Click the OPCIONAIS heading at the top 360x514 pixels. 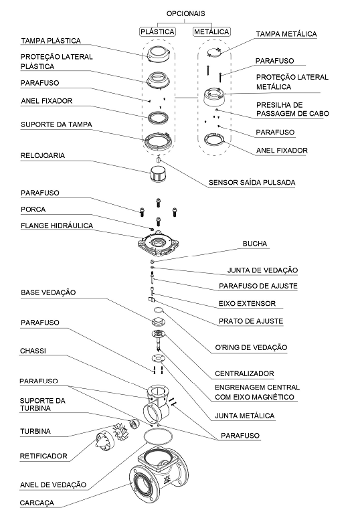185,14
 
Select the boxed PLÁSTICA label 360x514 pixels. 157,32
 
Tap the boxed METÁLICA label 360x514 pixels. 211,32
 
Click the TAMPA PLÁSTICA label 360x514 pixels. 51,41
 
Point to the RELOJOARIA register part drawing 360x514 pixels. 159,173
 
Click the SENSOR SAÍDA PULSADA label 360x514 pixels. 252,183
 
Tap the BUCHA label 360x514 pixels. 255,244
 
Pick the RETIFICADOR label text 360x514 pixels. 43,456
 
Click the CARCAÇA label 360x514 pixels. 37,503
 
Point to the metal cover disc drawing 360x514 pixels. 214,52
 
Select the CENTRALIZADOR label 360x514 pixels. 244,373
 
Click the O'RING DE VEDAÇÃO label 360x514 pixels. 251,347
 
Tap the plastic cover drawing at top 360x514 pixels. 159,54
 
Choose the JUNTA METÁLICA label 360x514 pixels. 245,416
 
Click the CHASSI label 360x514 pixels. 33,351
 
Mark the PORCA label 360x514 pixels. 33,209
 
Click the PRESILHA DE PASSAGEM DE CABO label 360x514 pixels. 292,110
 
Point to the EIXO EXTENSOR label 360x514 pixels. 247,304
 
